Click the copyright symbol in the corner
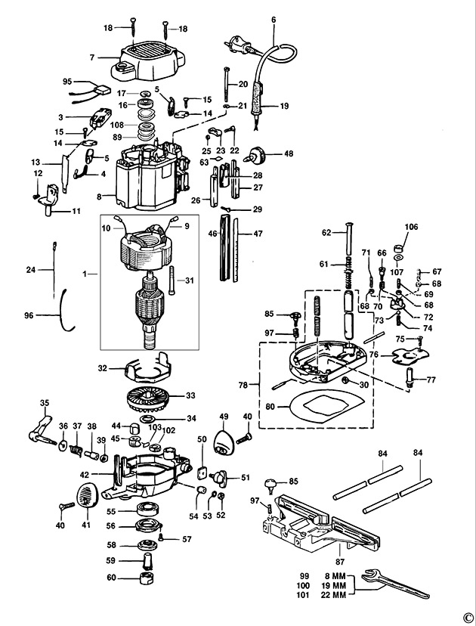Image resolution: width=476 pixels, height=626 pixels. (468, 617)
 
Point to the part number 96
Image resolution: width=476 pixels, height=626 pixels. (29, 315)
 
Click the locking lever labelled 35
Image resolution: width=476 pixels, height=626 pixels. (42, 433)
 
